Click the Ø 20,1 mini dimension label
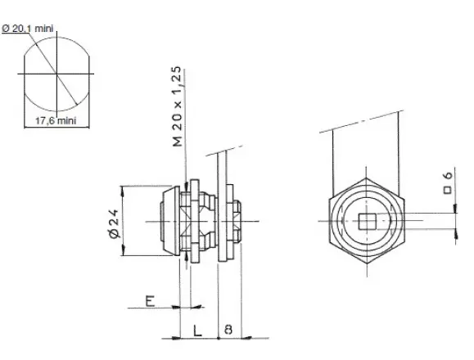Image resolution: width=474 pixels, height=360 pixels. click(x=28, y=29)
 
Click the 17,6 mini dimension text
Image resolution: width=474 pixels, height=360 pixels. click(x=56, y=121)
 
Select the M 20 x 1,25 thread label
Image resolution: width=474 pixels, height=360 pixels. click(x=178, y=106)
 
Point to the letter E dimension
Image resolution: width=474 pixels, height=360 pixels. click(x=151, y=301)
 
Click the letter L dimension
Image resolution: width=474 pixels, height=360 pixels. click(x=197, y=331)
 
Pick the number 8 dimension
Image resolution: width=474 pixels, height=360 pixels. click(x=228, y=329)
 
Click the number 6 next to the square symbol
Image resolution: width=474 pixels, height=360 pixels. click(x=448, y=175)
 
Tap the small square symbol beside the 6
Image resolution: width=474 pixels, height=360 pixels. click(x=448, y=190)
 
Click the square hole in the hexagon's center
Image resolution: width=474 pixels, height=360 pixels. click(x=367, y=222)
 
